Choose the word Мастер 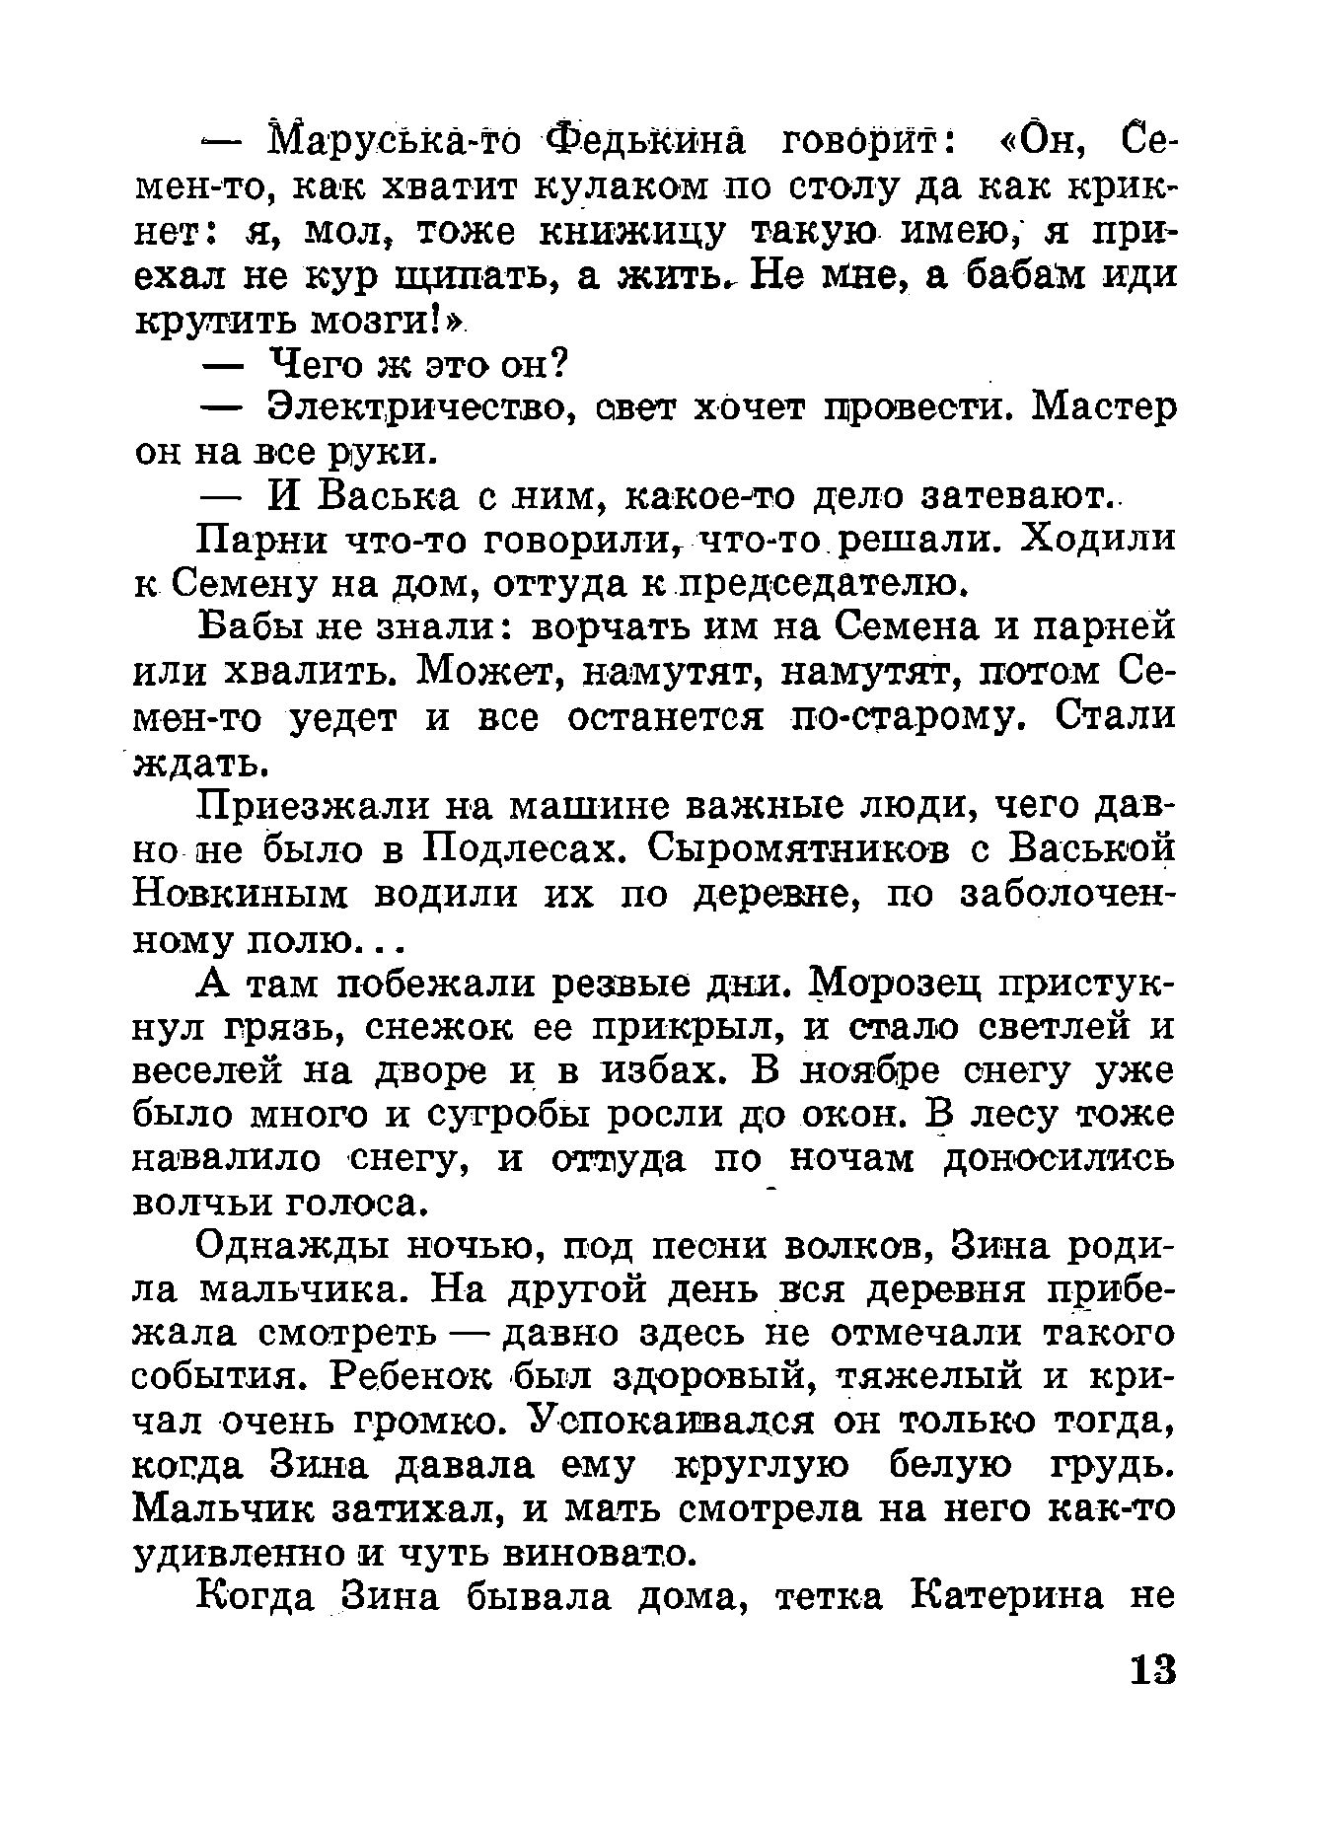pos(1104,408)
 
